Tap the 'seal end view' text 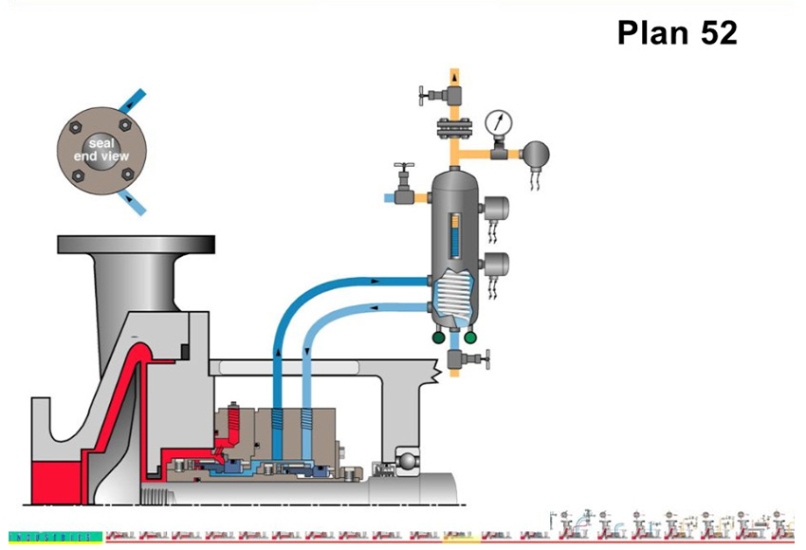tap(103, 149)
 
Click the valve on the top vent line tap(435, 94)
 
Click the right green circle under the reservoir tap(471, 336)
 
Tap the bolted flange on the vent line tap(454, 125)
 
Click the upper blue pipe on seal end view tap(136, 101)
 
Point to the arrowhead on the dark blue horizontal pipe tap(377, 281)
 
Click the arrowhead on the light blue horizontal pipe tap(377, 307)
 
